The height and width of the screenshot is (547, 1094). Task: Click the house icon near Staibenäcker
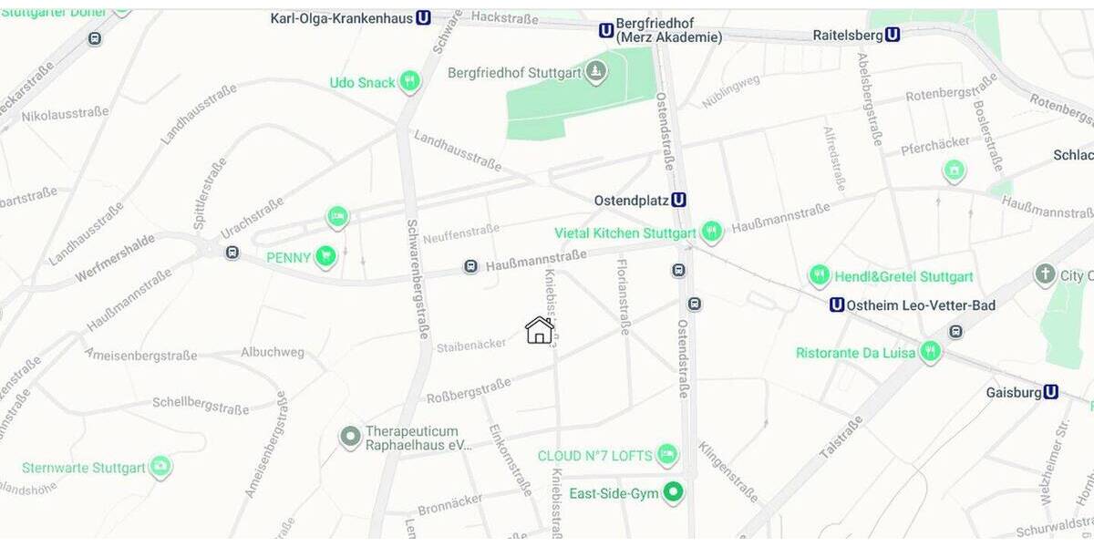(x=540, y=330)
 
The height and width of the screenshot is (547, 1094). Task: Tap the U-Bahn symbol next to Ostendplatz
(x=678, y=200)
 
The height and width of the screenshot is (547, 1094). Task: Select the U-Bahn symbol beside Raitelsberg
(x=893, y=35)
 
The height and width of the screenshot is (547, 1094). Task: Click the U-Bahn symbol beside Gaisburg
(x=1051, y=392)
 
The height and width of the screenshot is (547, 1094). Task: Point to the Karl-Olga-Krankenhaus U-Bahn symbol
(x=423, y=17)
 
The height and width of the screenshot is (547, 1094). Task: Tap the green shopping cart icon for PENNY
(x=325, y=257)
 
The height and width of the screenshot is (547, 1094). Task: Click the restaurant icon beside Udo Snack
(x=409, y=82)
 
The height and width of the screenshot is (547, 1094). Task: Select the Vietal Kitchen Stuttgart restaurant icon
(x=712, y=232)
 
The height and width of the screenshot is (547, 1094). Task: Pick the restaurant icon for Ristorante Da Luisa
(x=930, y=352)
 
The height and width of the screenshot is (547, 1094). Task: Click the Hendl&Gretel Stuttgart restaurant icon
(x=819, y=275)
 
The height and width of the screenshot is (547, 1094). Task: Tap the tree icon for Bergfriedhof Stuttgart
(x=596, y=72)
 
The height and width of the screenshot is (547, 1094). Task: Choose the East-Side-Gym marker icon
(x=673, y=493)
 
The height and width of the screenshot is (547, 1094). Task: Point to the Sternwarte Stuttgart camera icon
(x=160, y=468)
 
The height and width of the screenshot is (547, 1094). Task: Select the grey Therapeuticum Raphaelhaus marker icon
(x=350, y=438)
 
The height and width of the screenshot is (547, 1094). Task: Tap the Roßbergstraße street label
(x=468, y=391)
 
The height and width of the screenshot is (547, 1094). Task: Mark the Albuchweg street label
(x=273, y=352)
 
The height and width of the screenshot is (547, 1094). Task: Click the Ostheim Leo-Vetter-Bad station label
(x=922, y=304)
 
